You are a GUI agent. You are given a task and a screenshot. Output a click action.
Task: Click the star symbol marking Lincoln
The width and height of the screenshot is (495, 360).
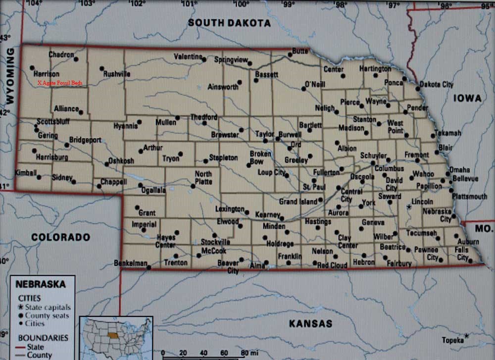pos(408,206)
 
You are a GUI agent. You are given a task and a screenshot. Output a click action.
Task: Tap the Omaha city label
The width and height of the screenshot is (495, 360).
pos(459,169)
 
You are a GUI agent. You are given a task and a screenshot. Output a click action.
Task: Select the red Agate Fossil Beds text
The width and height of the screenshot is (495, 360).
pos(59,83)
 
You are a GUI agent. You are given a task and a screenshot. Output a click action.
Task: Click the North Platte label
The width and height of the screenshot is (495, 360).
pos(203,177)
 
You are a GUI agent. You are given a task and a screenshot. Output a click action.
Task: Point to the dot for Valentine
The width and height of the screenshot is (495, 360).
pos(204,59)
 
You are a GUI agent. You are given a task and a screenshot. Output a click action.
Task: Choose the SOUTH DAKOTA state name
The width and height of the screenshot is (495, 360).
pos(229,23)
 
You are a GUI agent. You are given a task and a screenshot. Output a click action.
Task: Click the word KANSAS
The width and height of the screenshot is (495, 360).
pos(310,323)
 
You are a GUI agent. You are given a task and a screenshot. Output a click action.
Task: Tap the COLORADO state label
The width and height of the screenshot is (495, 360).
pos(60,237)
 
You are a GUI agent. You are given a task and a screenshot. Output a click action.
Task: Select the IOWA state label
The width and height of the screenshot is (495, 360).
pos(467,99)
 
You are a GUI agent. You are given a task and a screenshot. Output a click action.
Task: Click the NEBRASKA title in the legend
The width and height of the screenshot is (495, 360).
pos(41,285)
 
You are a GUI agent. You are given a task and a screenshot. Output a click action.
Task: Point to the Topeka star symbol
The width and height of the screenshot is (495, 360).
pos(466,336)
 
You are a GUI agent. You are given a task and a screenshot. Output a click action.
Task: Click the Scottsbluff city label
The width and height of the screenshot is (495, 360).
pos(53,121)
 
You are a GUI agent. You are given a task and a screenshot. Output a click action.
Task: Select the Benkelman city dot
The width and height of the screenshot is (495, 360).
pos(148,267)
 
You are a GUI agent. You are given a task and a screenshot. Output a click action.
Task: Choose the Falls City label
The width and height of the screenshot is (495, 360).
pos(462,254)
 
